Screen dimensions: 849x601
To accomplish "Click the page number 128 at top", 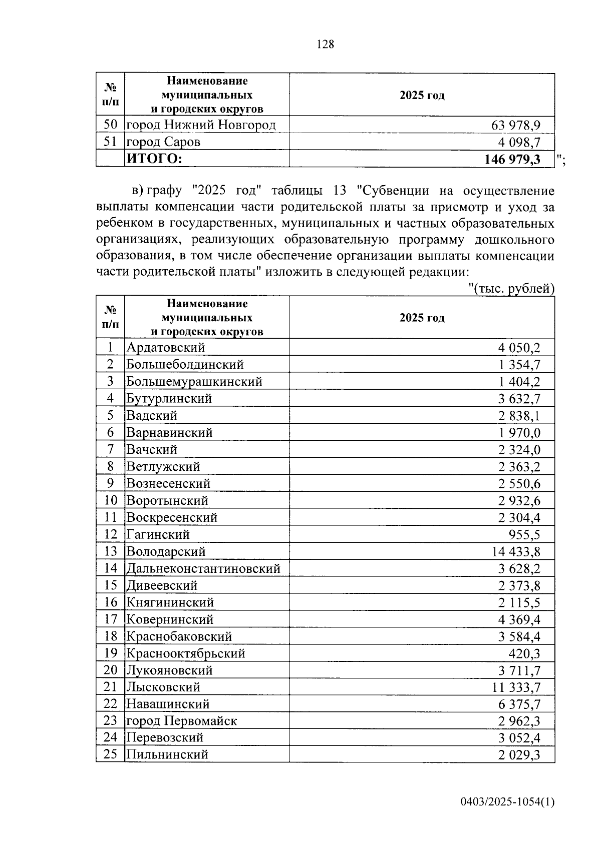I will click(325, 45).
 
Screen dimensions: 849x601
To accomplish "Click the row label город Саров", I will click(163, 142).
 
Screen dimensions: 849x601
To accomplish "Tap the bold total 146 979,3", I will click(512, 159).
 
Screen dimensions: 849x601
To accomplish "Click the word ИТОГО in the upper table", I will click(154, 159).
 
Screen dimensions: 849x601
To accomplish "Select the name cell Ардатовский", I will click(166, 347).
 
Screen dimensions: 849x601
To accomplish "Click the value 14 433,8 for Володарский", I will click(516, 551).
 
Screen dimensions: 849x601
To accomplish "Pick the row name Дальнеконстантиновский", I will click(203, 568).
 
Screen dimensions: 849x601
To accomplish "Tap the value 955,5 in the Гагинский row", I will click(524, 534).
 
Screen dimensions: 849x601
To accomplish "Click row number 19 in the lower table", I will click(110, 653).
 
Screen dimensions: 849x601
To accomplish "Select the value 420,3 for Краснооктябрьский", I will click(524, 653).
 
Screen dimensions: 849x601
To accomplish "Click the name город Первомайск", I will click(181, 721).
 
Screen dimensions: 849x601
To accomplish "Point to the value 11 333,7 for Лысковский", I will click(516, 687).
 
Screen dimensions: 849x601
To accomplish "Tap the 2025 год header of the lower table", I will click(422, 318).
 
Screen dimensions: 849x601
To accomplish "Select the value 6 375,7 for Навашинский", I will click(519, 704).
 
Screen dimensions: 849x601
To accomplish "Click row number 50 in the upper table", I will click(110, 125).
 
